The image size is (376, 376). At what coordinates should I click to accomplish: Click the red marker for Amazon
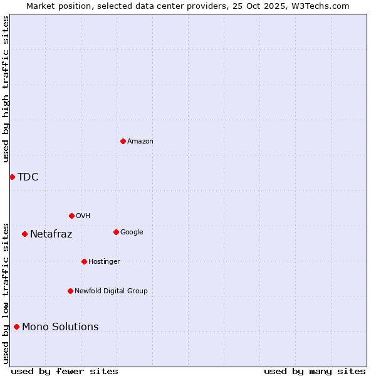pyautogui.click(x=123, y=141)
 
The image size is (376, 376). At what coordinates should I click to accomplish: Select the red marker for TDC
pyautogui.click(x=12, y=177)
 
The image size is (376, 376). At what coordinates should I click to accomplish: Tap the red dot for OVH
pyautogui.click(x=71, y=216)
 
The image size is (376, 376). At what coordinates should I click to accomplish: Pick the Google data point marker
pyautogui.click(x=116, y=232)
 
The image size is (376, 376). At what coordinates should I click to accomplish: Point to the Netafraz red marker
pyautogui.click(x=24, y=234)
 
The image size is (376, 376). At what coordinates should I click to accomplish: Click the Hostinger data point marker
pyautogui.click(x=84, y=261)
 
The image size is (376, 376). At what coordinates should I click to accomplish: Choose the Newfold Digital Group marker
pyautogui.click(x=70, y=291)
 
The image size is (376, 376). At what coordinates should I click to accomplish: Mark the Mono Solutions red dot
pyautogui.click(x=16, y=326)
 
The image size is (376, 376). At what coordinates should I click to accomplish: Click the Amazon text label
pyautogui.click(x=140, y=142)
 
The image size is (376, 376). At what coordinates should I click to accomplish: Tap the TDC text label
pyautogui.click(x=28, y=177)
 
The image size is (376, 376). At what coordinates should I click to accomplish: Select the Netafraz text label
pyautogui.click(x=51, y=234)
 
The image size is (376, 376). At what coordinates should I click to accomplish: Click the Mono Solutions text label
pyautogui.click(x=60, y=327)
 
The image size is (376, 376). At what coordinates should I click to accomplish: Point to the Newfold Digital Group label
pyautogui.click(x=111, y=291)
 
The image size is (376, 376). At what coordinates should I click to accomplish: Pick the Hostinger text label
pyautogui.click(x=104, y=261)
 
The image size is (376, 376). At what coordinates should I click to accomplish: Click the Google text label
pyautogui.click(x=132, y=232)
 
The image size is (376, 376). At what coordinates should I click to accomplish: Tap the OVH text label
pyautogui.click(x=83, y=216)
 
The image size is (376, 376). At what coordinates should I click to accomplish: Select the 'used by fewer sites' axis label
pyautogui.click(x=65, y=371)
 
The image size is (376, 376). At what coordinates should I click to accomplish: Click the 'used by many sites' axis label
pyautogui.click(x=315, y=371)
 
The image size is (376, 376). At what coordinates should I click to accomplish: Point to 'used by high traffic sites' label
pyautogui.click(x=6, y=89)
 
